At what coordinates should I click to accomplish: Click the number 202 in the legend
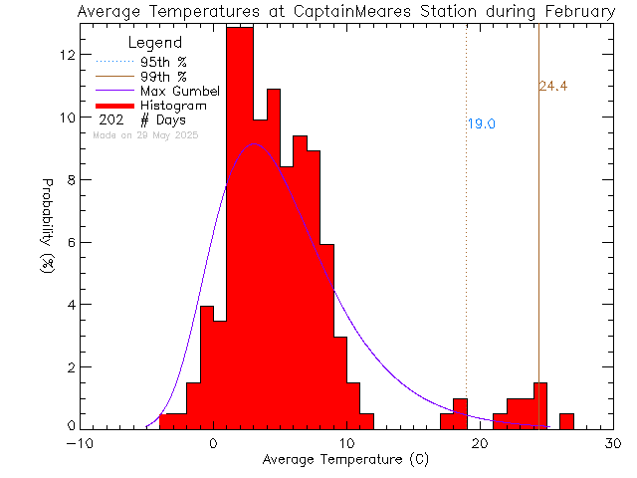(x=109, y=119)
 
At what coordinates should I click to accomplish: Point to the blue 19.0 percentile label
(x=482, y=124)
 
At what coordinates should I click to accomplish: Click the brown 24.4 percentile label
(x=552, y=87)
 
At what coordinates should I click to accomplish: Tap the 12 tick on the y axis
(x=66, y=55)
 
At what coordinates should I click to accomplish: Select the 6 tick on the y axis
(x=70, y=242)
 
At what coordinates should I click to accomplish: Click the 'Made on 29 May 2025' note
(x=145, y=134)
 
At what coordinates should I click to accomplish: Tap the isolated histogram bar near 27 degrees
(x=566, y=421)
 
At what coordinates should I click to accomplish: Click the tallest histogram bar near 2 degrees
(x=240, y=229)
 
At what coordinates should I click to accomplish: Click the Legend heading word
(x=156, y=44)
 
